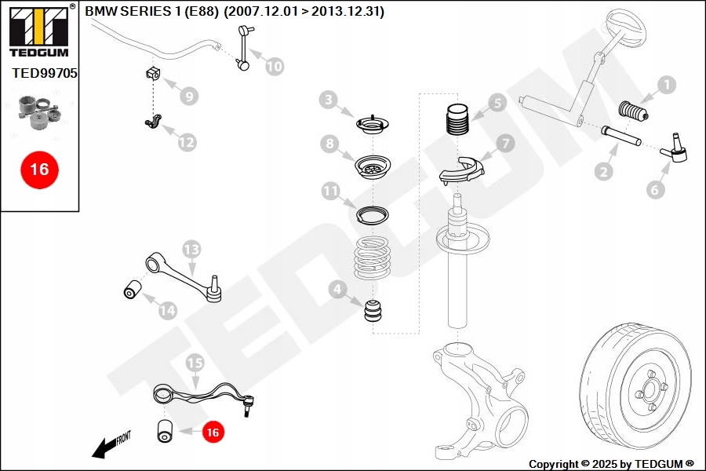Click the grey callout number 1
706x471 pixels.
pos(666,85)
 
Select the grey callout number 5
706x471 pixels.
pos(495,102)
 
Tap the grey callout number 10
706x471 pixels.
pos(274,67)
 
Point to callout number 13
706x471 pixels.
pos(192,250)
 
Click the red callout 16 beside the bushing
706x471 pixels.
pos(213,431)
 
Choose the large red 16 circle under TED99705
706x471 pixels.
pos(38,169)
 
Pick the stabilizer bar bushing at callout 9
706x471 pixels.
pos(152,75)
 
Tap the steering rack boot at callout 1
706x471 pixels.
pos(634,111)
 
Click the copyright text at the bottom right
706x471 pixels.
pos(611,464)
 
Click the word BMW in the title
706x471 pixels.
pos(99,12)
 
